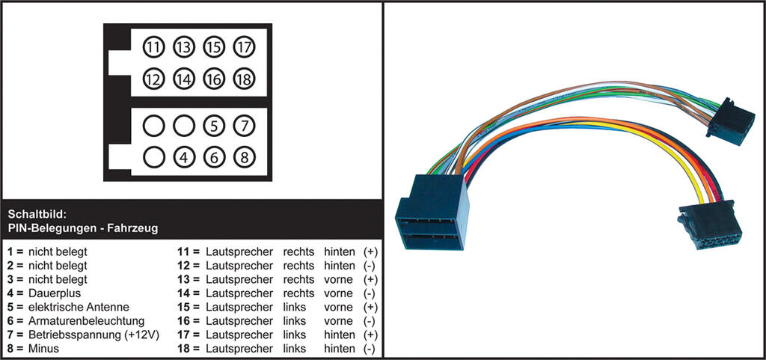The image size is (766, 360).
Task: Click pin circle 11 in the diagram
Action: click(x=154, y=47)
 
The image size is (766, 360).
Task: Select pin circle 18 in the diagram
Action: click(x=244, y=79)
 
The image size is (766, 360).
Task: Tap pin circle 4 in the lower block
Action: click(x=184, y=157)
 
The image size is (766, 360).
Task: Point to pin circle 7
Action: click(x=244, y=126)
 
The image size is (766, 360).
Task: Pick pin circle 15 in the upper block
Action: click(x=214, y=47)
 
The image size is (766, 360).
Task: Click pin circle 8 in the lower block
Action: click(x=244, y=157)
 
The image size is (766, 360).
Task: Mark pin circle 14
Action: click(x=184, y=79)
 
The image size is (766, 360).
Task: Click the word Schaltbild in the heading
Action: click(x=37, y=214)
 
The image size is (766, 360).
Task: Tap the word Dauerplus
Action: click(x=54, y=293)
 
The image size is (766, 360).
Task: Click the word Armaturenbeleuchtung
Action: click(x=87, y=321)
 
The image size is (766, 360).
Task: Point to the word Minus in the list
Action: click(x=43, y=349)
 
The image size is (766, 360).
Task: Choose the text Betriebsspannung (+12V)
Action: click(x=94, y=335)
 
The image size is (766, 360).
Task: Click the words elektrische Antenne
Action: click(x=79, y=308)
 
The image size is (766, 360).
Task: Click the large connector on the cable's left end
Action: click(x=432, y=213)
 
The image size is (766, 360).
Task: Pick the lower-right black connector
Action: click(x=710, y=225)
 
